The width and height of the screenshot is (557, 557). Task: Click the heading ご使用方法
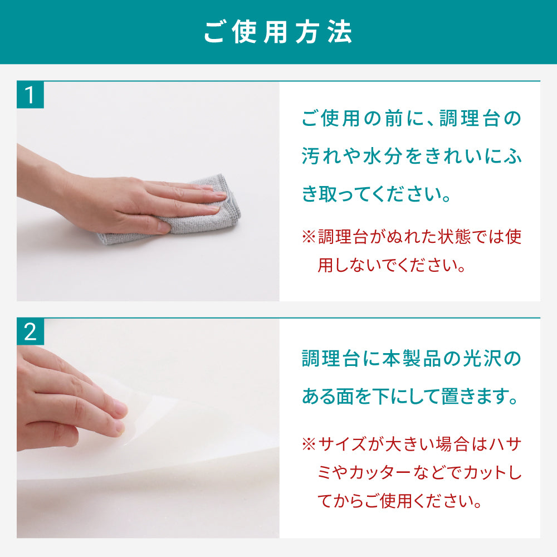(x=278, y=32)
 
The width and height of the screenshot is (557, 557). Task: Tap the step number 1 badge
(x=30, y=95)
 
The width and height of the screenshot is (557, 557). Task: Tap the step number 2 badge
(x=30, y=332)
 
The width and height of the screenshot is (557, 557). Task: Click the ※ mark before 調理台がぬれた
(x=309, y=237)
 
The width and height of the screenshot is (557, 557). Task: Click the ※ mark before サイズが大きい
(x=309, y=444)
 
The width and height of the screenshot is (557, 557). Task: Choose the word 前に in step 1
(x=403, y=119)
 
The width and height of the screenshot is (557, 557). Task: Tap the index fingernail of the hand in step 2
(x=119, y=407)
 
